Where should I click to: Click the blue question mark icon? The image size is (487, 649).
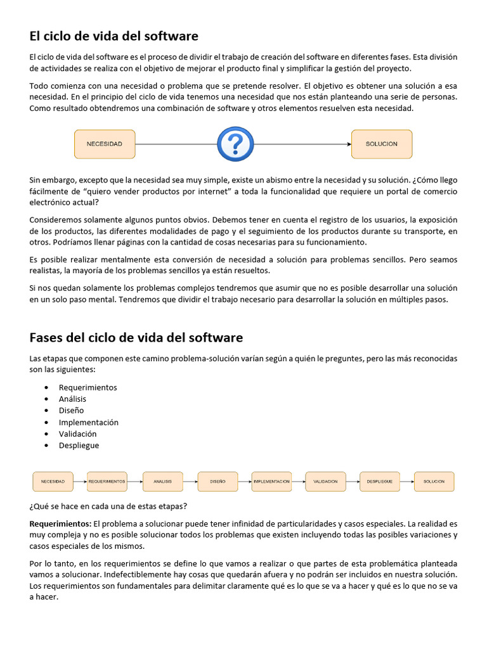235,145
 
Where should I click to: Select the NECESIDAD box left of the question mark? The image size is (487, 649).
105,144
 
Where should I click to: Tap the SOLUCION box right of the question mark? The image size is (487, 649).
381,144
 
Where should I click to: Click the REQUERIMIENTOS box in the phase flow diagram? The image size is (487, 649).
107,482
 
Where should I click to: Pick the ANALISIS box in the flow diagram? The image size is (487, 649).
162,482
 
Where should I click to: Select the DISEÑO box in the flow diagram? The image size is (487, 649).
218,482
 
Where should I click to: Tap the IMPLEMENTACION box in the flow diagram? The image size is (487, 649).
271,482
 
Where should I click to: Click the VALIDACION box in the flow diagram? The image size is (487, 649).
325,482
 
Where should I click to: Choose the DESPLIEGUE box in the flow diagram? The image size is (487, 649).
380,482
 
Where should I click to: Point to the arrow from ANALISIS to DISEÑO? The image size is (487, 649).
190,482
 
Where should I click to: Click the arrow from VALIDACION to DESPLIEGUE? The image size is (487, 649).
353,482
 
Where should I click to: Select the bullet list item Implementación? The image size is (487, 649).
88,422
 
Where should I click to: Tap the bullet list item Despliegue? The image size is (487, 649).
79,446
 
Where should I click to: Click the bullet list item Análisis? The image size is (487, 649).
72,399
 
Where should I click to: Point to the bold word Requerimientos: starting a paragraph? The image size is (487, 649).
60,524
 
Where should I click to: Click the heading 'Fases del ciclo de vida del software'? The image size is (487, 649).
136,337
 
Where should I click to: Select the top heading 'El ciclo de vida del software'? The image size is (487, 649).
114,36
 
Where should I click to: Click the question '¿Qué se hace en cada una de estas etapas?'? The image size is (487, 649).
108,506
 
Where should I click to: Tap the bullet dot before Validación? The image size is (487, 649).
48,434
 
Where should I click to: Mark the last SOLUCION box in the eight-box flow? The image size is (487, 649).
434,482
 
